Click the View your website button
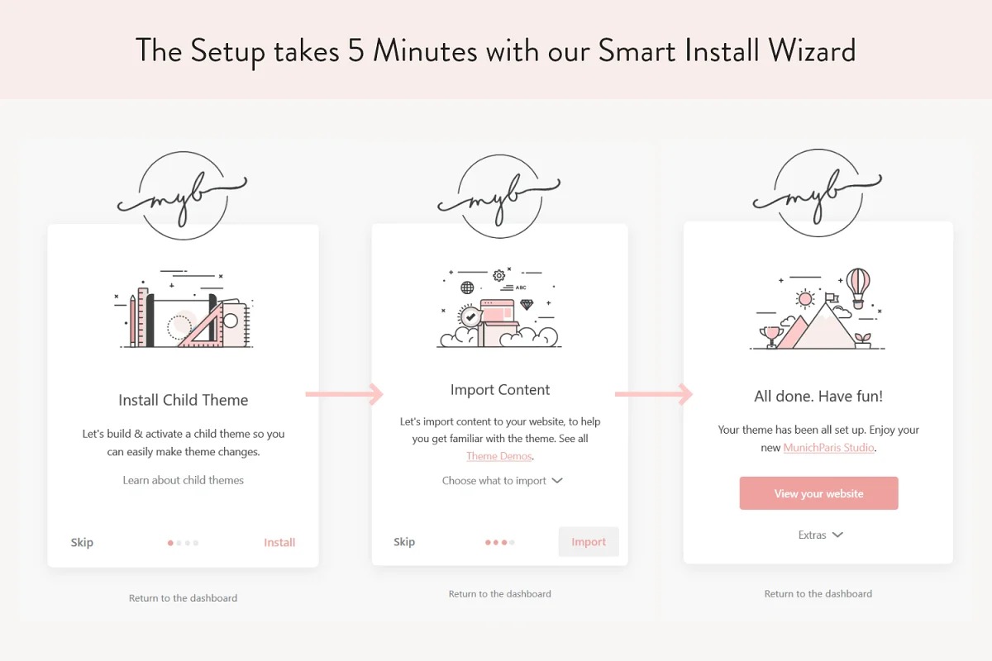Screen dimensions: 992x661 (x=818, y=493)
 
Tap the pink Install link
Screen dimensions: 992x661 (x=279, y=542)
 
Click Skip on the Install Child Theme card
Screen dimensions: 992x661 (x=82, y=543)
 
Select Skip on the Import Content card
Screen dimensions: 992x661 (x=404, y=542)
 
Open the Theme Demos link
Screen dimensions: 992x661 (x=499, y=456)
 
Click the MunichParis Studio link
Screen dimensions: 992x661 (x=828, y=448)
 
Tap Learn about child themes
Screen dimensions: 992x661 (x=184, y=480)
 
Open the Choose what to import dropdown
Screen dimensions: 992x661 (x=503, y=481)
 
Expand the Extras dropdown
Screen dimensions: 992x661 (x=821, y=535)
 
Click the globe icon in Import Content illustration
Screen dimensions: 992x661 (x=467, y=288)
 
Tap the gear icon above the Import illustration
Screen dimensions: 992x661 (x=499, y=275)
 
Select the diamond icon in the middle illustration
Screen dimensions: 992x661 (x=527, y=305)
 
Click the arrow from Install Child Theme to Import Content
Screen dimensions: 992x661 (x=344, y=394)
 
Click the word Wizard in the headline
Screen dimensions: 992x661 (x=812, y=51)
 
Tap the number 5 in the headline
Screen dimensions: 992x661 (x=355, y=50)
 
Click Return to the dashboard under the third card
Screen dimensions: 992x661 (x=818, y=594)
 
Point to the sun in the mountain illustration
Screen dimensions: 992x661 (x=805, y=299)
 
